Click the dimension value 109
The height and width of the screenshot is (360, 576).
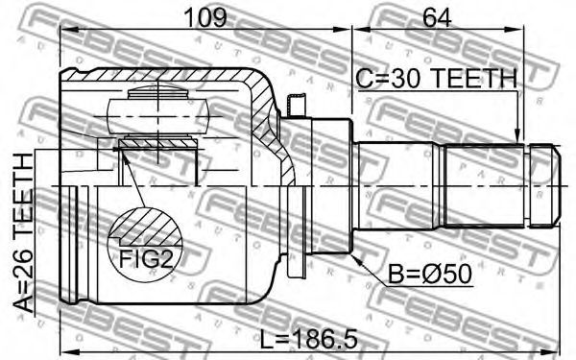point(205,17)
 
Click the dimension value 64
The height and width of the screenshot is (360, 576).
point(437,17)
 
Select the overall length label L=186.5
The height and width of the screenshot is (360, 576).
point(308,340)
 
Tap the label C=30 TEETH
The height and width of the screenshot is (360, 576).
point(437,79)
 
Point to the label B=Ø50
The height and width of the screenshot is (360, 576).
point(430,274)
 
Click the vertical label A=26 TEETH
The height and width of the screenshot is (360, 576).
point(23,232)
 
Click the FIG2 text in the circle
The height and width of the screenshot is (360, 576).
point(146,259)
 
